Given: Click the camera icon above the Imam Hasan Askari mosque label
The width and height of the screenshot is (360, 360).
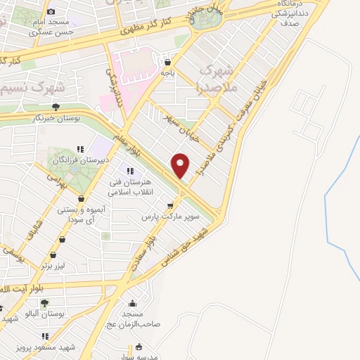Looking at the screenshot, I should [x=51, y=11].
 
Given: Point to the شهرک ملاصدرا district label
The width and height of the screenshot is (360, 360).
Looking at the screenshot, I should [x=216, y=79].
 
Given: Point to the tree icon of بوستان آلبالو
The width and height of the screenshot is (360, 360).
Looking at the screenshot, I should [x=44, y=303].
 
